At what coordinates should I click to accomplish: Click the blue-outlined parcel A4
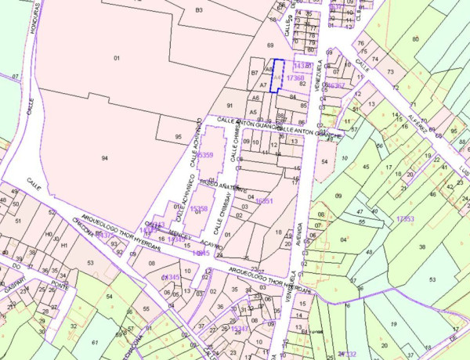[277, 77]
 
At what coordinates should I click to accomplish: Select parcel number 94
[104, 157]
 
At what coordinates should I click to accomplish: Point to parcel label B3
[199, 9]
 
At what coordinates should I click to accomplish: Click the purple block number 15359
[204, 156]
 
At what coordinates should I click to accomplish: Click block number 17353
[405, 218]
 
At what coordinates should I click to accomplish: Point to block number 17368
[295, 78]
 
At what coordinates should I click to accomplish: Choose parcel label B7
[255, 73]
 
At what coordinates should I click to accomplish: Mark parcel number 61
[94, 343]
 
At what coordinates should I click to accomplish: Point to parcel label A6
[255, 98]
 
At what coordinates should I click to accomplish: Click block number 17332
[347, 355]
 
